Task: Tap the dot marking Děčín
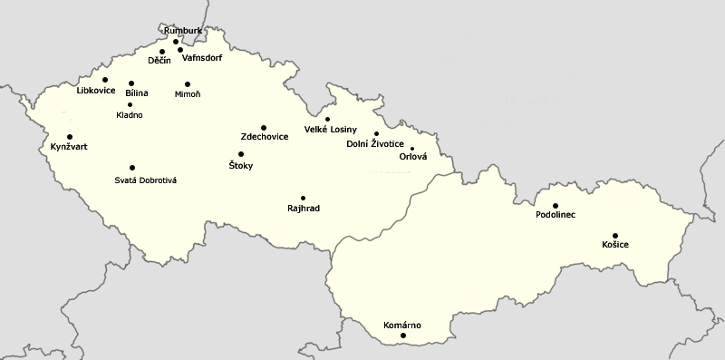point(162,52)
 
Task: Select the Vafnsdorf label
point(202,58)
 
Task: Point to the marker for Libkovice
point(105,80)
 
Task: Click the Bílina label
point(137,92)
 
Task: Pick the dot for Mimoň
point(188,84)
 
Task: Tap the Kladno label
point(130,115)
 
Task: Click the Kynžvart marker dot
point(70,137)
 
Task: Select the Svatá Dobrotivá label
point(145,180)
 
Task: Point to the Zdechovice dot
point(264,128)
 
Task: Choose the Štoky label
point(240,166)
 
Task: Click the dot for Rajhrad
point(303,198)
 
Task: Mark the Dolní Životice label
point(375,144)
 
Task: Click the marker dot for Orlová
point(411,149)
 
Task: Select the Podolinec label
point(556,215)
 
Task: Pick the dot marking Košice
point(615,236)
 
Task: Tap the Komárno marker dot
point(403,336)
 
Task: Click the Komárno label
point(403,325)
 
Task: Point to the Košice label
point(615,246)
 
